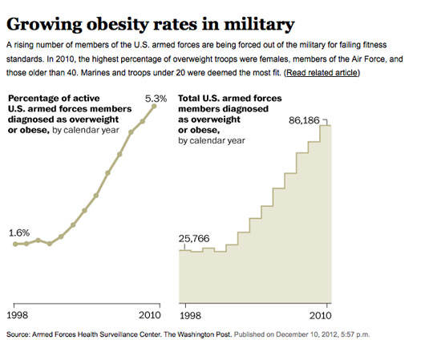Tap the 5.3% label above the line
coord(155,99)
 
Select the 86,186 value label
coord(305,119)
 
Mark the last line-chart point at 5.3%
coord(155,107)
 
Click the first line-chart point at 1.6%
coord(15,244)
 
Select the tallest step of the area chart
coord(325,208)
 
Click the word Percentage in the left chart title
coord(38,99)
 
